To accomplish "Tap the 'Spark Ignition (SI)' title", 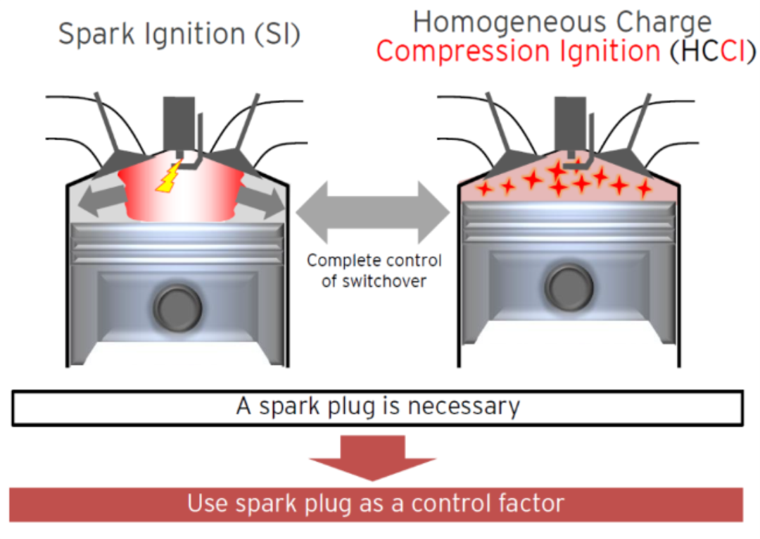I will pos(179,33).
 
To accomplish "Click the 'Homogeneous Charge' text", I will pos(562,22).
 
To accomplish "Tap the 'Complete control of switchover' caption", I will pos(374,270).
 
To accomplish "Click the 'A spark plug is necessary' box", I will pos(378,407).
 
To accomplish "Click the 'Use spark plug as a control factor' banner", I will pos(376,504).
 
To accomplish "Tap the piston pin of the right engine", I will pos(567,285).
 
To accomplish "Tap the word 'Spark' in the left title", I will pos(91,33).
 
